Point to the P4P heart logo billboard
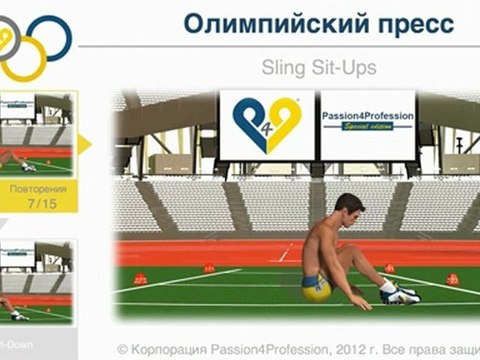267,125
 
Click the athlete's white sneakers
399,293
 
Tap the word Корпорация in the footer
178,349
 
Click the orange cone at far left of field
141,279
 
